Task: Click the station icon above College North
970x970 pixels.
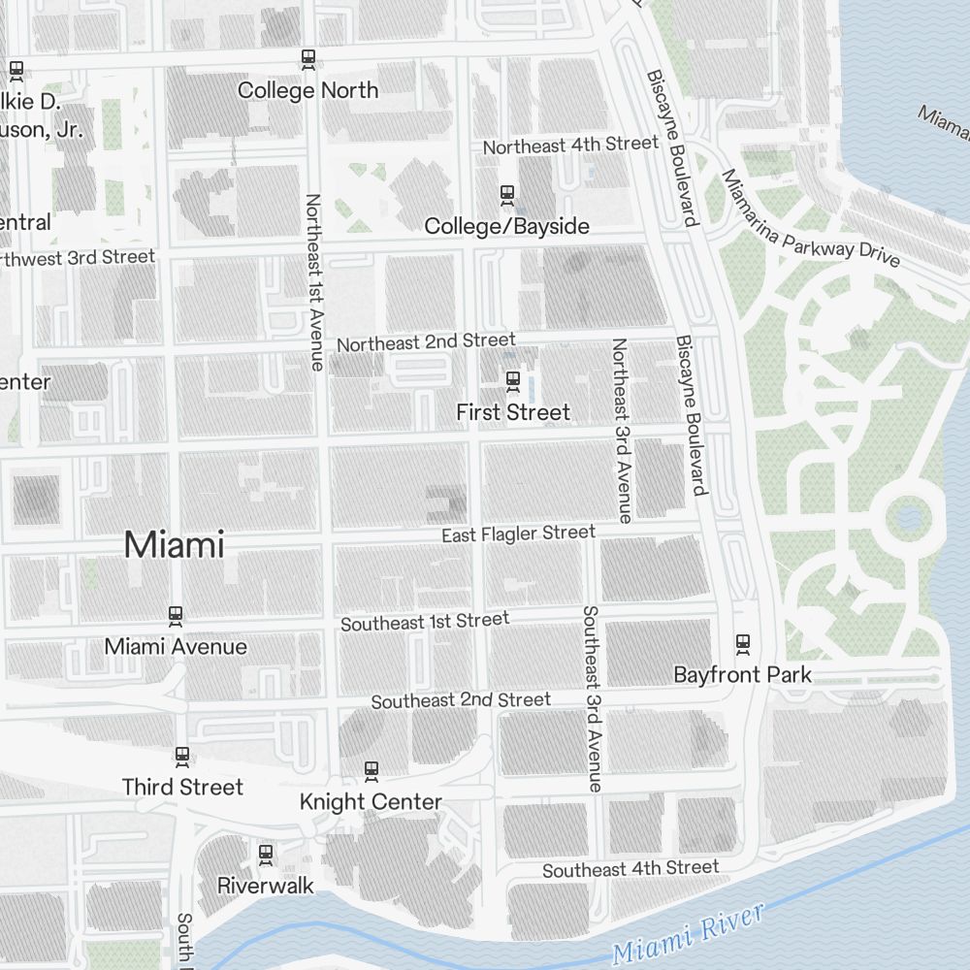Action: (308, 60)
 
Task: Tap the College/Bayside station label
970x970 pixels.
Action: (506, 226)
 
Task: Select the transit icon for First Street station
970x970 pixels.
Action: (513, 380)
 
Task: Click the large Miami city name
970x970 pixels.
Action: (174, 545)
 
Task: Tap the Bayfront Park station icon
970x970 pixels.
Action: (743, 643)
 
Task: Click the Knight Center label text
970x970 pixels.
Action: (371, 802)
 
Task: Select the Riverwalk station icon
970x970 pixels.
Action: (265, 855)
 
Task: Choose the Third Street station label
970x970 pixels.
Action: (182, 787)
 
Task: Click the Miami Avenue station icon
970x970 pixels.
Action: (176, 615)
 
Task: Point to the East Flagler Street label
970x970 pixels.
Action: (518, 533)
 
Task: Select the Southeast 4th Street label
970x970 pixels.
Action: (630, 869)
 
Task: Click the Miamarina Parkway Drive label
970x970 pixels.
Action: (809, 220)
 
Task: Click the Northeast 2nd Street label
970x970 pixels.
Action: (426, 342)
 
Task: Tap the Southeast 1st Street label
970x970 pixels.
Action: (424, 622)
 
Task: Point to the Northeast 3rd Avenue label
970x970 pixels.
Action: (620, 430)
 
